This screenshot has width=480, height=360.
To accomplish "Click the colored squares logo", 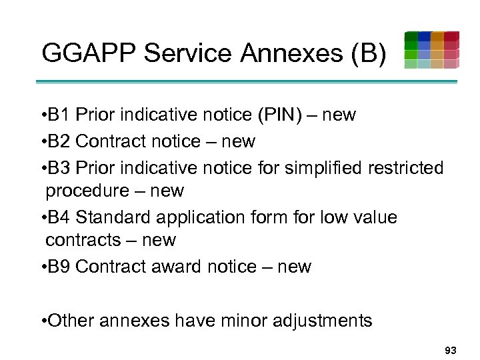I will coord(431,50).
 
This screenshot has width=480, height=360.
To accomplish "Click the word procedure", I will coord(87,191).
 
